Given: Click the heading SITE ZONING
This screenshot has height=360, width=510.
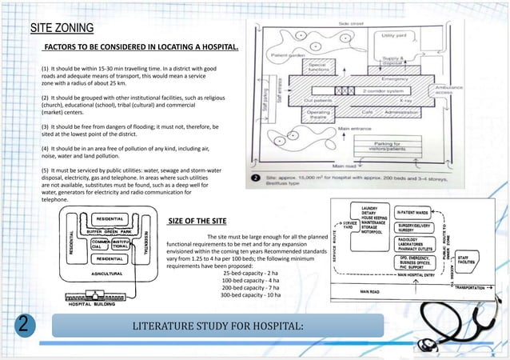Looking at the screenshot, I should (62, 29).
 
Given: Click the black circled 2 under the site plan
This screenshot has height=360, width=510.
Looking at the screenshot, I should (254, 178).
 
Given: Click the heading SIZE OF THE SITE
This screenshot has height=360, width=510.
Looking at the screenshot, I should (197, 220).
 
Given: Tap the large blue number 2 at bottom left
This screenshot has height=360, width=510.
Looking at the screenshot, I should (25, 326).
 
